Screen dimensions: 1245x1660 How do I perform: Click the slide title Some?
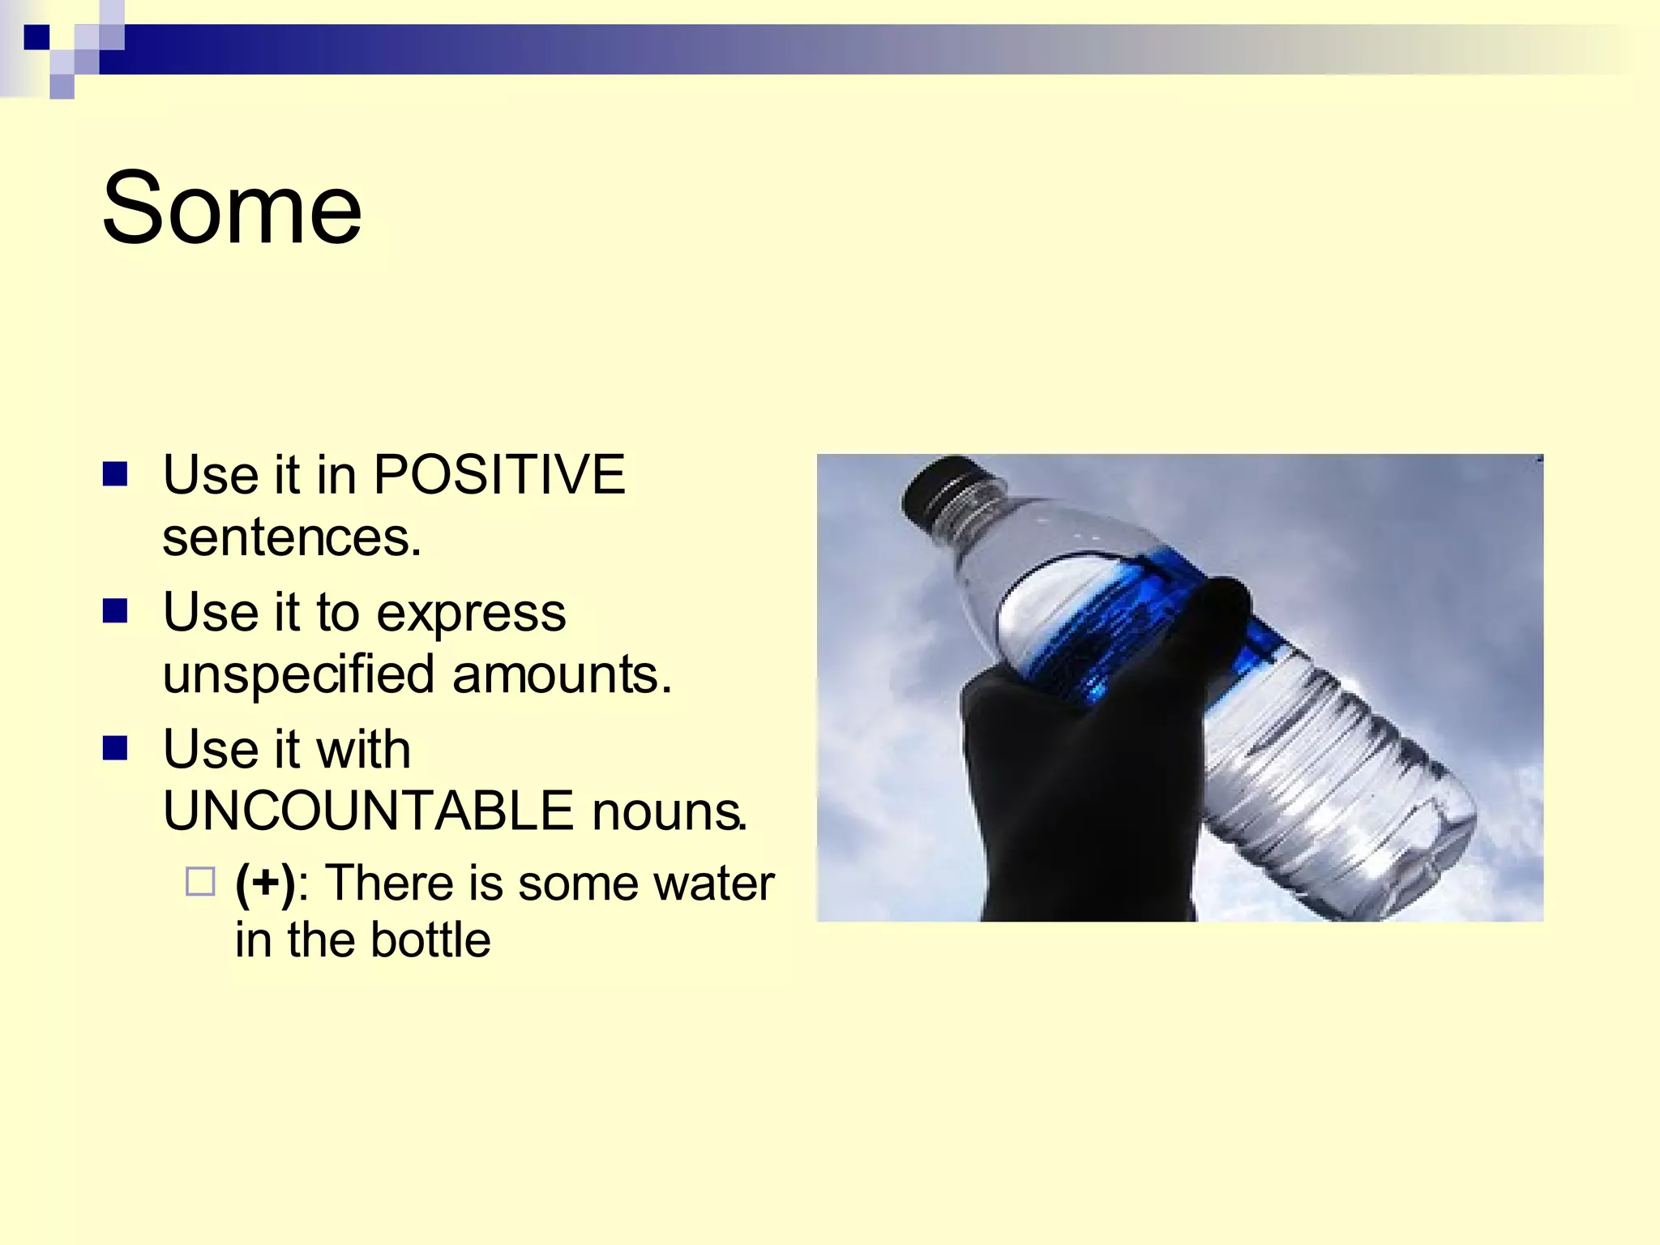tap(232, 208)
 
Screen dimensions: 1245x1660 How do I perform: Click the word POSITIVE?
tap(498, 474)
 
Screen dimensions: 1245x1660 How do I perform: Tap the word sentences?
tap(291, 537)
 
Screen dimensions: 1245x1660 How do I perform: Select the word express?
tap(471, 614)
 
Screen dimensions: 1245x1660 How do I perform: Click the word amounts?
tap(561, 675)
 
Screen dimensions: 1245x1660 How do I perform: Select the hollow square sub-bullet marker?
tap(200, 882)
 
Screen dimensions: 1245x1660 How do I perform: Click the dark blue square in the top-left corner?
tap(36, 37)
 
